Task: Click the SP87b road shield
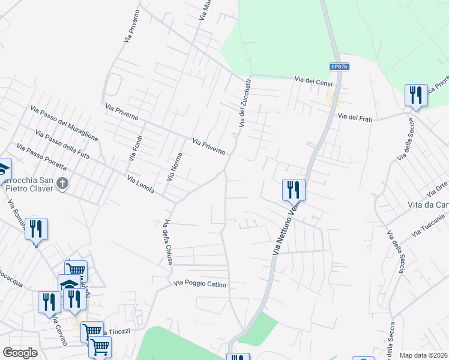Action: click(339, 67)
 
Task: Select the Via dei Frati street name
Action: click(355, 118)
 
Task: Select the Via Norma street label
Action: click(173, 167)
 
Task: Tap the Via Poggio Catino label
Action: click(200, 284)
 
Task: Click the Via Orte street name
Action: click(437, 189)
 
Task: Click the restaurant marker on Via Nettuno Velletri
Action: click(294, 190)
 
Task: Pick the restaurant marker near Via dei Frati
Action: click(415, 95)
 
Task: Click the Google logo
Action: click(20, 353)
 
